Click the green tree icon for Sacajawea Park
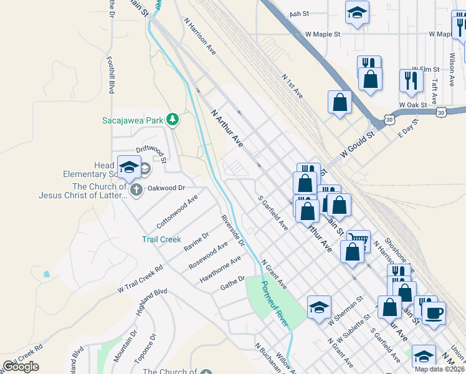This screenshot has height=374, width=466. pyautogui.click(x=173, y=119)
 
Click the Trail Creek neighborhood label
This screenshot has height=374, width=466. pyautogui.click(x=161, y=239)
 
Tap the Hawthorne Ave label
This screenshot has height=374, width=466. pyautogui.click(x=220, y=269)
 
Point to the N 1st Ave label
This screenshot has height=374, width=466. pyautogui.click(x=292, y=87)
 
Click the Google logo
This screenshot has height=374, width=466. pyautogui.click(x=21, y=367)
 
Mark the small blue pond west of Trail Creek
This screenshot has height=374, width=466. pyautogui.click(x=46, y=274)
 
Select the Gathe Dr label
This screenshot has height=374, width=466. pyautogui.click(x=232, y=284)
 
